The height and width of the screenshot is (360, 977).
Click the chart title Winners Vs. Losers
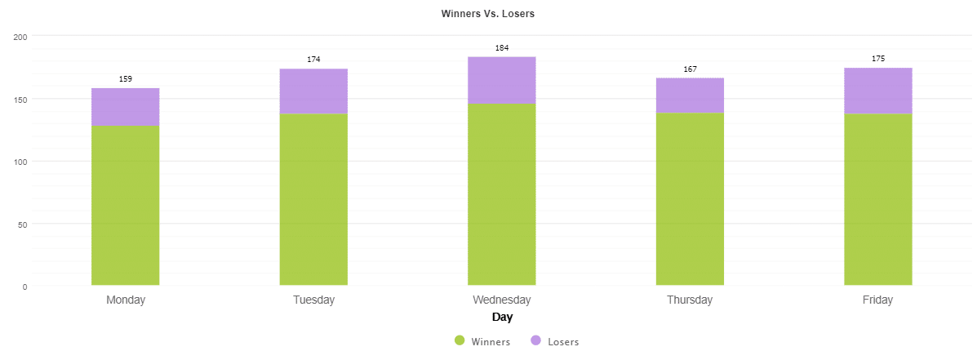[487, 14]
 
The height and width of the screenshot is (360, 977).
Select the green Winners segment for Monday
[125, 205]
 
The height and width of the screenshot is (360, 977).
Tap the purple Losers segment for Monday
[125, 107]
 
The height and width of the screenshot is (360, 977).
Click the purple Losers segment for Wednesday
[501, 81]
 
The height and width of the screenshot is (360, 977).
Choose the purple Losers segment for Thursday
[690, 96]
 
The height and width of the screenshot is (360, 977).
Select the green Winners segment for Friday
[877, 199]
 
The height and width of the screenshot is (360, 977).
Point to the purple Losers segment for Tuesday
[313, 91]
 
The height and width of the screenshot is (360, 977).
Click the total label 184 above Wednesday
[501, 48]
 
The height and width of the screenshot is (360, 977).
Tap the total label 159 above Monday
[125, 79]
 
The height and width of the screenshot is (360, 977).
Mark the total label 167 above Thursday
[690, 69]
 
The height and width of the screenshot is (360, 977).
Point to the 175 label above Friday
[877, 59]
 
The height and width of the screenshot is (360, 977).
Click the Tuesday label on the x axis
[313, 300]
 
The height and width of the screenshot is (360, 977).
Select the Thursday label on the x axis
[690, 300]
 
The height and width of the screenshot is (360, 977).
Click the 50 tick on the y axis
[22, 224]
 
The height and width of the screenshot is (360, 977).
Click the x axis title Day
[502, 317]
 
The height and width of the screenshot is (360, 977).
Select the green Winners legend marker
[460, 340]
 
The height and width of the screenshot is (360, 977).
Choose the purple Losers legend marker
[536, 340]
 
